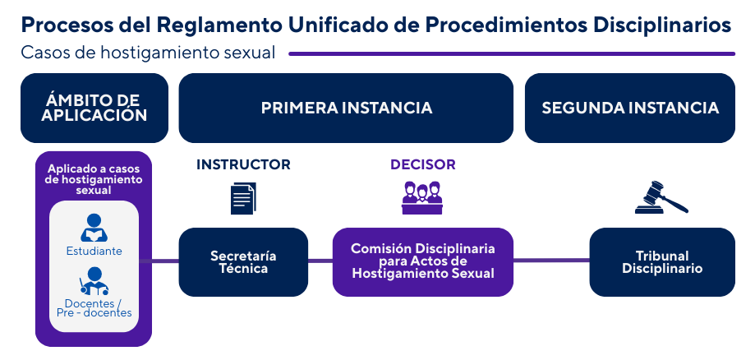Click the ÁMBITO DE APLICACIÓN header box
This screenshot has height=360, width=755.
(94, 108)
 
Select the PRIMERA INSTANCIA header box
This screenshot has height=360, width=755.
(346, 108)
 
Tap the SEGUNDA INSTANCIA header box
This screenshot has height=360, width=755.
(629, 108)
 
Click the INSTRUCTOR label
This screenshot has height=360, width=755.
(243, 164)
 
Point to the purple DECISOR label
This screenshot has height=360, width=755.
(422, 164)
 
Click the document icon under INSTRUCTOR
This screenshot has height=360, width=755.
(243, 198)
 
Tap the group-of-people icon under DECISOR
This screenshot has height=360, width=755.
(421, 198)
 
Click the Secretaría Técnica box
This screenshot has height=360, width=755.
(243, 262)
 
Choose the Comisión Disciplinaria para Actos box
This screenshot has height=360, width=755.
(422, 262)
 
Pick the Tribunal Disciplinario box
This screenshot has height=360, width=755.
(661, 262)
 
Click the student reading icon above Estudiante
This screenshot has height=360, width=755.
(94, 227)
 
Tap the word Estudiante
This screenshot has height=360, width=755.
(94, 251)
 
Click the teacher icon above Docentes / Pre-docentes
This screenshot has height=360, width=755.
(94, 282)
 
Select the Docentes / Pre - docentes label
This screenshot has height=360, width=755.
(94, 307)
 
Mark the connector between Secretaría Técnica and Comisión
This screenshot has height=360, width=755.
(320, 262)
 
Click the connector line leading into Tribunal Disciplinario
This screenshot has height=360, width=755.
(551, 262)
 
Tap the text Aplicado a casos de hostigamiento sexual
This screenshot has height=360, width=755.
(94, 179)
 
